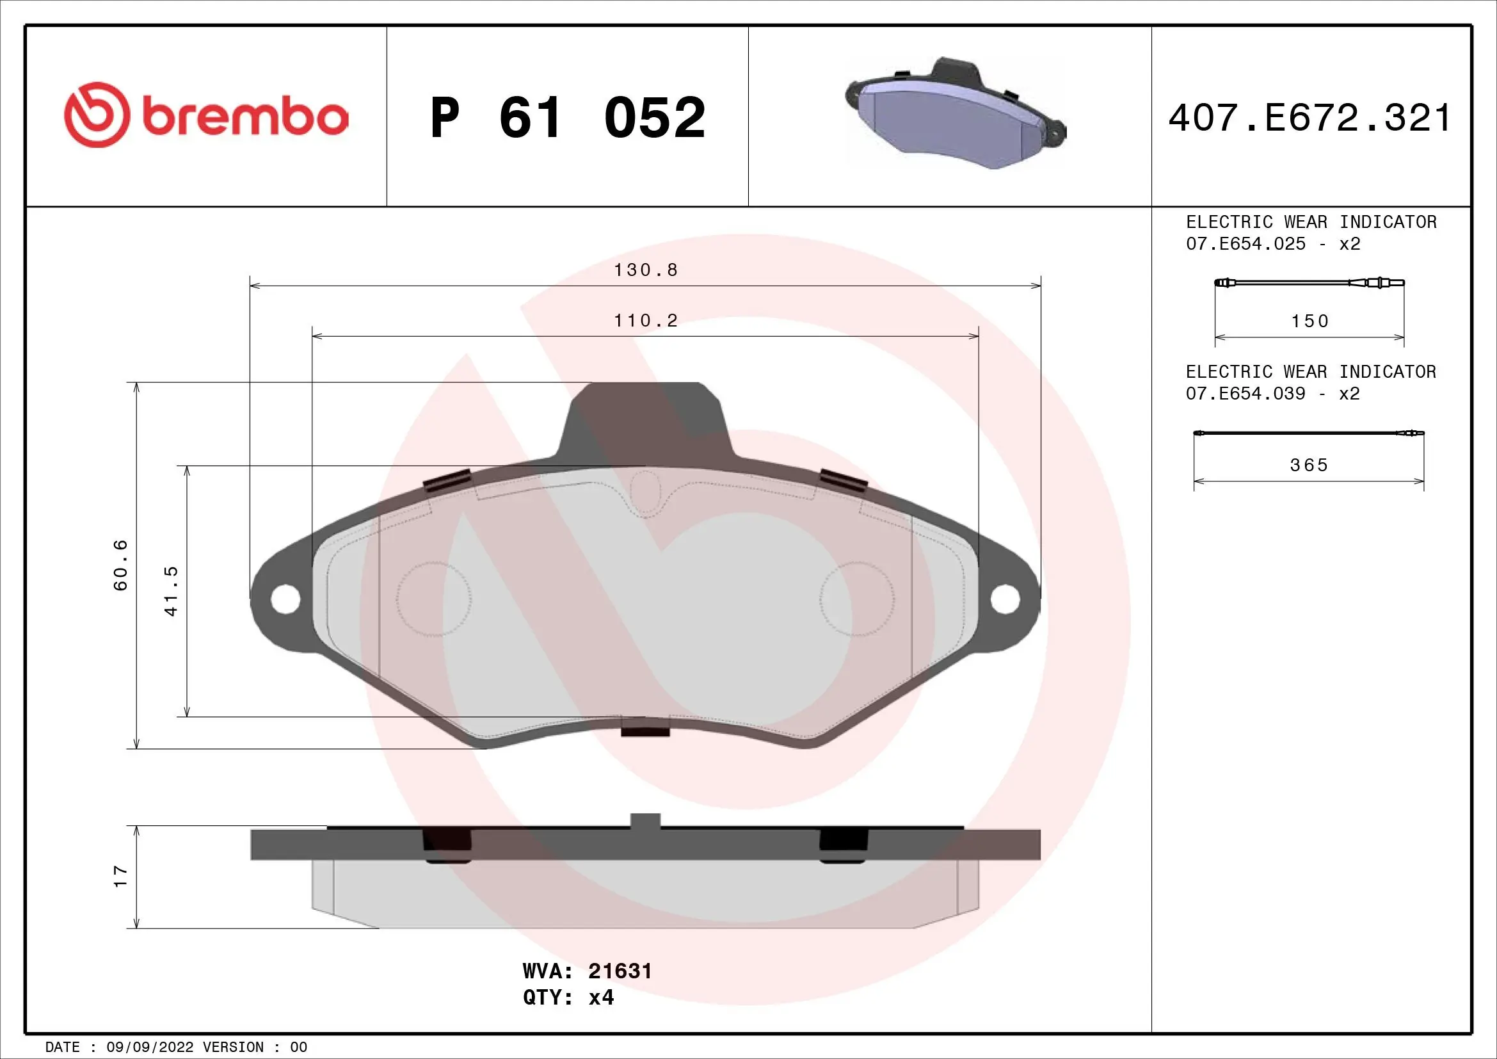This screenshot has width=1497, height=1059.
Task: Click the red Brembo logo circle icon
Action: [x=95, y=115]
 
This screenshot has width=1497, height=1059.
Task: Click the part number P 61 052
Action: [x=567, y=118]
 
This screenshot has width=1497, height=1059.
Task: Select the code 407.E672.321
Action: [x=1310, y=118]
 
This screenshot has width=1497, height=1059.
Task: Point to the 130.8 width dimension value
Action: [x=646, y=270]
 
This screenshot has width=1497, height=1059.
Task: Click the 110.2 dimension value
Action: [x=646, y=321]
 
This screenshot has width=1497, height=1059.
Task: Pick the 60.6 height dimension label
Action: [x=121, y=565]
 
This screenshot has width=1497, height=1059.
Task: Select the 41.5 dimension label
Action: [x=171, y=591]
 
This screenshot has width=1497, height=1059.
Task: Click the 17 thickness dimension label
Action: [x=120, y=876]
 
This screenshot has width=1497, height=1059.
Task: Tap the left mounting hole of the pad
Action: [x=285, y=599]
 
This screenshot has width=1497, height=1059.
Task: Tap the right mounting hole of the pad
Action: [x=1004, y=599]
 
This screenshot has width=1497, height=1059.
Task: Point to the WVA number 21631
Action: [x=620, y=971]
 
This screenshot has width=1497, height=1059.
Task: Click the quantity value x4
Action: [x=601, y=998]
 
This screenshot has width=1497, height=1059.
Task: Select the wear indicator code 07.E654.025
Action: [x=1245, y=244]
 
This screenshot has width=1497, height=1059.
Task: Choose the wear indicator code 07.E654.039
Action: [x=1245, y=393]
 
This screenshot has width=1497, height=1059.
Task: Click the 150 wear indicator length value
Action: [x=1309, y=321]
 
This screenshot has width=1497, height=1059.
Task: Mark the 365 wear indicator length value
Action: [x=1309, y=465]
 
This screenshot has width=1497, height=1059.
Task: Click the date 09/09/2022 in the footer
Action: [x=149, y=1047]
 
